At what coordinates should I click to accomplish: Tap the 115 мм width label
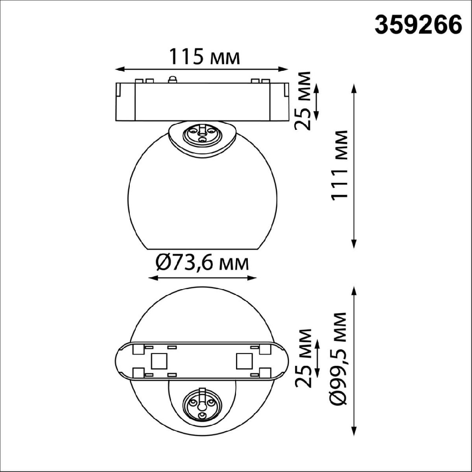pyautogui.click(x=204, y=57)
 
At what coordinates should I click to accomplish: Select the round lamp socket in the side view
pyautogui.click(x=201, y=134)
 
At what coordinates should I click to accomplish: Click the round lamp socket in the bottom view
pyautogui.click(x=201, y=404)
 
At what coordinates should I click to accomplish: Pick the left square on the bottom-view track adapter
pyautogui.click(x=159, y=360)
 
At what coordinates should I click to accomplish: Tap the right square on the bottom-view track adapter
pyautogui.click(x=243, y=360)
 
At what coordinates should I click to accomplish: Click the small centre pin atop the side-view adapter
pyautogui.click(x=171, y=79)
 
